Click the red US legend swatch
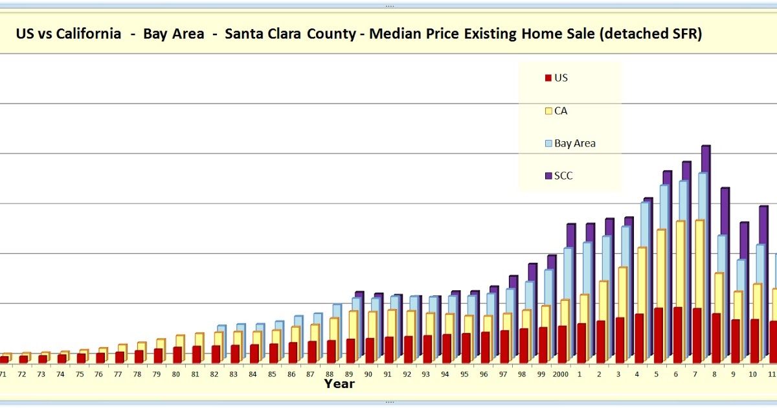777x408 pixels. pos(548,78)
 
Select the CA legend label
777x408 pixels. pos(561,111)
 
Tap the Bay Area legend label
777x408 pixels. pos(574,143)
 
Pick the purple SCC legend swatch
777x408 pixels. pos(548,176)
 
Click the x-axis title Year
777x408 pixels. pos(339,384)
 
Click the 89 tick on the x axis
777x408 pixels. pos(349,374)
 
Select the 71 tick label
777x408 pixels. pos(3,374)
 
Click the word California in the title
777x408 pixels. pos(88,34)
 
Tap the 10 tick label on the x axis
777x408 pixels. pos(752,374)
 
